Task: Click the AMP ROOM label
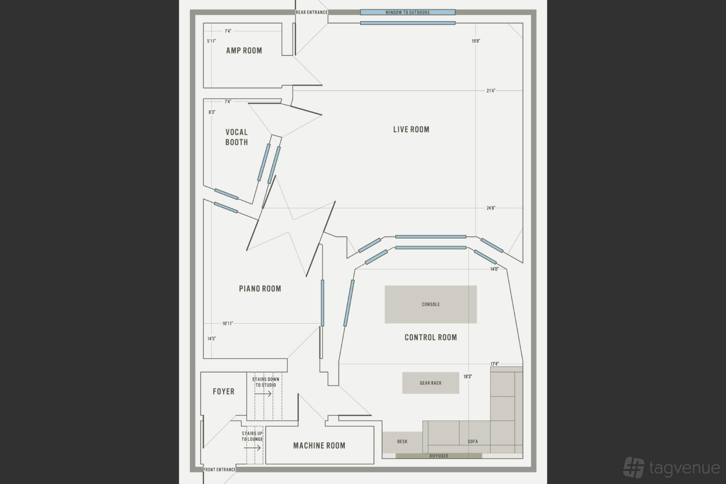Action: (244, 51)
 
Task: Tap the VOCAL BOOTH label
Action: (237, 137)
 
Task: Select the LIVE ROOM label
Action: (411, 129)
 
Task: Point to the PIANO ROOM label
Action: (260, 289)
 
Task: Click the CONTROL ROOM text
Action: (431, 338)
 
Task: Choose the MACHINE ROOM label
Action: (319, 446)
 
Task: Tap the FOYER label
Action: (224, 392)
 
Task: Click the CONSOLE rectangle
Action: (431, 304)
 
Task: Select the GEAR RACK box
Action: (431, 383)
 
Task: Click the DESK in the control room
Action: (402, 442)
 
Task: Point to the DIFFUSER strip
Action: (439, 456)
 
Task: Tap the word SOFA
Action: (473, 442)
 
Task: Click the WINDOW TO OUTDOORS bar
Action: (408, 13)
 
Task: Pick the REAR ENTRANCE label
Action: (312, 13)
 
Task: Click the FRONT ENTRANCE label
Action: (220, 470)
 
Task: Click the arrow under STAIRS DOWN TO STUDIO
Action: (263, 394)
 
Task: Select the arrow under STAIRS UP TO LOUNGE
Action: (252, 448)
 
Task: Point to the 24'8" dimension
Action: (491, 208)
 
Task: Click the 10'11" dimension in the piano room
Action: (227, 323)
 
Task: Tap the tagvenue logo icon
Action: (634, 467)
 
